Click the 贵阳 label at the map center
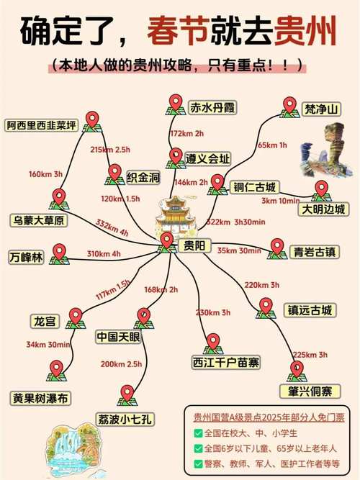pyautogui.click(x=192, y=246)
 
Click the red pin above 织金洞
pyautogui.click(x=114, y=173)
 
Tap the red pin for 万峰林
pyautogui.click(x=60, y=252)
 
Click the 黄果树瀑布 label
pyautogui.click(x=41, y=397)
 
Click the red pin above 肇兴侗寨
pyautogui.click(x=296, y=369)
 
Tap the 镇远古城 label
pyautogui.click(x=307, y=310)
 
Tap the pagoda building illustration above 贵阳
pyautogui.click(x=175, y=215)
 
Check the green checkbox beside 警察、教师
pyautogui.click(x=198, y=463)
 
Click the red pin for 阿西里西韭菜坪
pyautogui.click(x=91, y=119)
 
